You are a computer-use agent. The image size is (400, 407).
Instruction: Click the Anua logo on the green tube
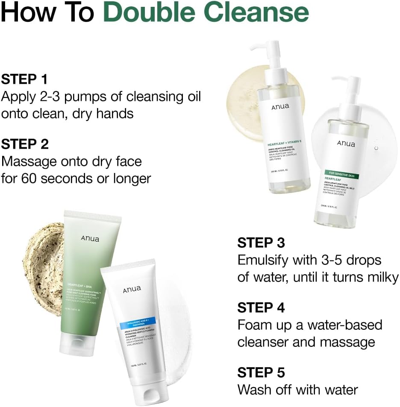point(89,238)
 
